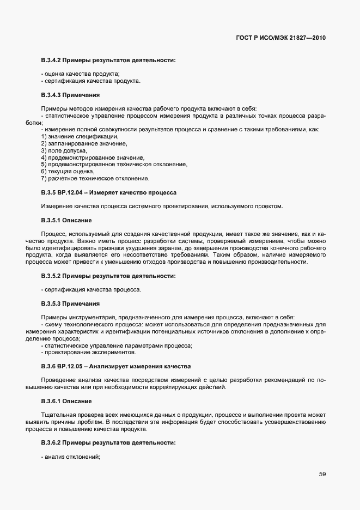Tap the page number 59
(322, 474)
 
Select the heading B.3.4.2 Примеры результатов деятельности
(108, 59)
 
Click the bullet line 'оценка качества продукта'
(81, 74)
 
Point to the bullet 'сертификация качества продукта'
(91, 81)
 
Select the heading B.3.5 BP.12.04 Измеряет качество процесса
(108, 192)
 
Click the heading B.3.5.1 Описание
(66, 220)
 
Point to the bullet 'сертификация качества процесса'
(91, 289)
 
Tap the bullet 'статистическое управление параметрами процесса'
(117, 345)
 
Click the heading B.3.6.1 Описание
(66, 400)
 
